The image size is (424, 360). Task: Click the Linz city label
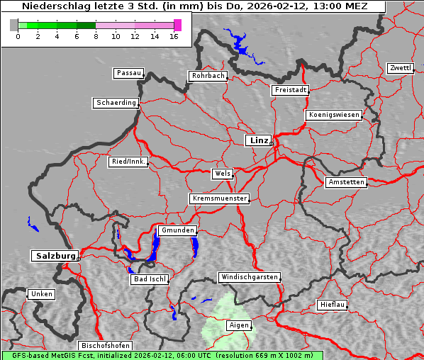click(258, 140)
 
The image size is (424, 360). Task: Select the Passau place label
click(128, 73)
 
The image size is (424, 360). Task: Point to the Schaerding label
click(116, 103)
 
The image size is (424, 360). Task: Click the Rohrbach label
click(207, 76)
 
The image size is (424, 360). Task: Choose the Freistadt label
click(290, 90)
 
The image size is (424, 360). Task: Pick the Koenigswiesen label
click(334, 115)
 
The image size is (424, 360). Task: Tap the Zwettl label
click(400, 68)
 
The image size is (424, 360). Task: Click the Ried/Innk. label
click(128, 162)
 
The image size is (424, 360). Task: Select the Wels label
click(222, 174)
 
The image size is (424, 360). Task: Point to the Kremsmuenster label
click(219, 198)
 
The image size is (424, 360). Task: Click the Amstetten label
click(345, 182)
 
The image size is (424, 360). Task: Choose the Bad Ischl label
click(150, 279)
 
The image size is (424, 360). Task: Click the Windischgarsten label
click(248, 277)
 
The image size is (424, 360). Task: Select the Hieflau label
click(332, 305)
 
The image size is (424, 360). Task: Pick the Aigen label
click(238, 325)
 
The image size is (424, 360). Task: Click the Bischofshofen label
click(105, 345)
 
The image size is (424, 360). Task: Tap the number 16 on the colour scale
click(173, 36)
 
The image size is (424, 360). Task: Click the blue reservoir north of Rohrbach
click(241, 48)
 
